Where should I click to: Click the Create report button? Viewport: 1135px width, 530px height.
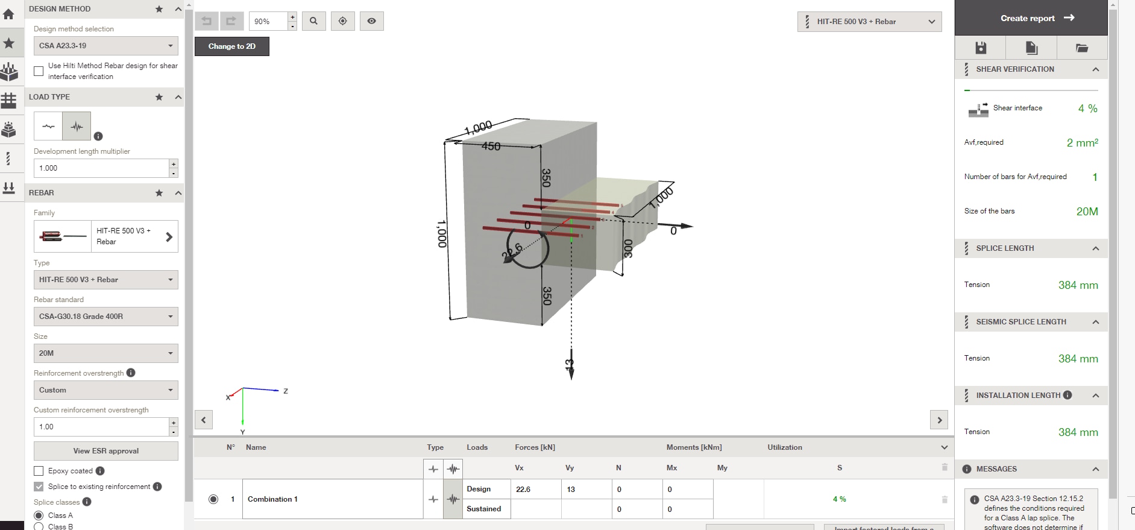(x=1031, y=18)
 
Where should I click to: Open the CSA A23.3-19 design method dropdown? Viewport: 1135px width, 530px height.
(x=105, y=46)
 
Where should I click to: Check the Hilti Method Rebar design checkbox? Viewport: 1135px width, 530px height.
(x=39, y=71)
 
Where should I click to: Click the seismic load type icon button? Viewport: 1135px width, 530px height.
(x=77, y=127)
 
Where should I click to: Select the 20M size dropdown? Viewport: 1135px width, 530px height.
(x=105, y=353)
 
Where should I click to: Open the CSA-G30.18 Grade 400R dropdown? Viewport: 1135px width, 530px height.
(x=105, y=317)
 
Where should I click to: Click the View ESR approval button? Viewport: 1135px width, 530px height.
(x=105, y=451)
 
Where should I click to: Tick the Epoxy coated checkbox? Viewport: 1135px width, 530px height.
(x=39, y=471)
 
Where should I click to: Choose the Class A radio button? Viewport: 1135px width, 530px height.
(x=39, y=516)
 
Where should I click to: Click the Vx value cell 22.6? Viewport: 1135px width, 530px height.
(x=535, y=489)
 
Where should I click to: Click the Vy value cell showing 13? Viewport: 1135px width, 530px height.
(x=586, y=489)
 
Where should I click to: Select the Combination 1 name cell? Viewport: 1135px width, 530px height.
(x=332, y=499)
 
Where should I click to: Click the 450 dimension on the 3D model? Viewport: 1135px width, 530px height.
(x=491, y=146)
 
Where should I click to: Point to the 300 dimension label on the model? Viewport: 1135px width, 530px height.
(x=627, y=248)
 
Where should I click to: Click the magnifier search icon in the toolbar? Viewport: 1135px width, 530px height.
(x=313, y=21)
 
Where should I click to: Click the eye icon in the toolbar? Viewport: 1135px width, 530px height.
(x=371, y=21)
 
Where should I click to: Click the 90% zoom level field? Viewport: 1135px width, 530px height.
(x=268, y=22)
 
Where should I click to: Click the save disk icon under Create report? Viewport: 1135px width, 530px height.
(x=980, y=48)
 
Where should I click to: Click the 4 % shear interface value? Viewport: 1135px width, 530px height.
(x=1087, y=109)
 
